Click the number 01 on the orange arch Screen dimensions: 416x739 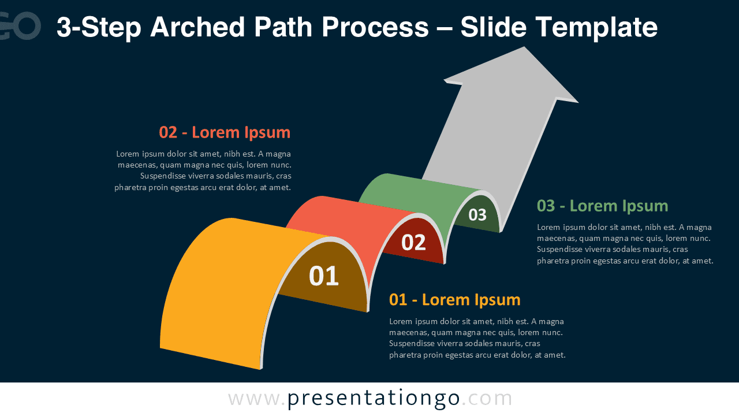coord(324,276)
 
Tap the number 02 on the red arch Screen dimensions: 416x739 coord(413,243)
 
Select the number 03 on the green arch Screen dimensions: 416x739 coord(477,215)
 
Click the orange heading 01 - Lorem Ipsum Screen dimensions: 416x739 coord(454,300)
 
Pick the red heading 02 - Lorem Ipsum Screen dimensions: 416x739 coord(225,132)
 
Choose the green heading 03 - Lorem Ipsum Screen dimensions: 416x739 coord(602,206)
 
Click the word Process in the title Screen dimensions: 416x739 coord(375,27)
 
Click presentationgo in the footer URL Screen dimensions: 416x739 coord(374,399)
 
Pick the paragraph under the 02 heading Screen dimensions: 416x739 coord(203,170)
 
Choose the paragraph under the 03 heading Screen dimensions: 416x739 coord(625,244)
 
